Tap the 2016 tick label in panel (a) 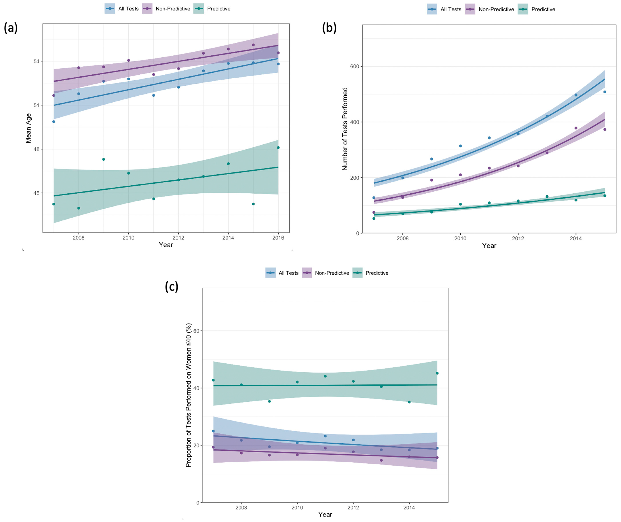(278, 238)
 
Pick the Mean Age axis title (28, 128)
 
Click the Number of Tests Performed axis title (345, 129)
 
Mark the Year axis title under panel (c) (325, 514)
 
